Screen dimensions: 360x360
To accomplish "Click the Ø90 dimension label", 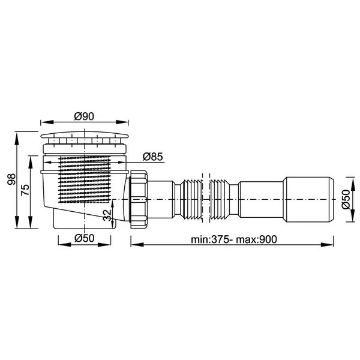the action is (84, 116).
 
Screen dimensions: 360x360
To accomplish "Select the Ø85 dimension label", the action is (152, 157).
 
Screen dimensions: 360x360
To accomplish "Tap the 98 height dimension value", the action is (11, 179).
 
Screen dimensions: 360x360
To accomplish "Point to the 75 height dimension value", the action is (25, 190).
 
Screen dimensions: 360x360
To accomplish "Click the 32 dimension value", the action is (107, 215).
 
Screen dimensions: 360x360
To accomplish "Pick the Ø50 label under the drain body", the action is (84, 238).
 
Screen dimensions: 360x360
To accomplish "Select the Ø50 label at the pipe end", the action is (346, 199).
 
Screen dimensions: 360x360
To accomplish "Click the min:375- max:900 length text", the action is (234, 239).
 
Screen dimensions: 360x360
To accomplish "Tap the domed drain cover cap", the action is (84, 135).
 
